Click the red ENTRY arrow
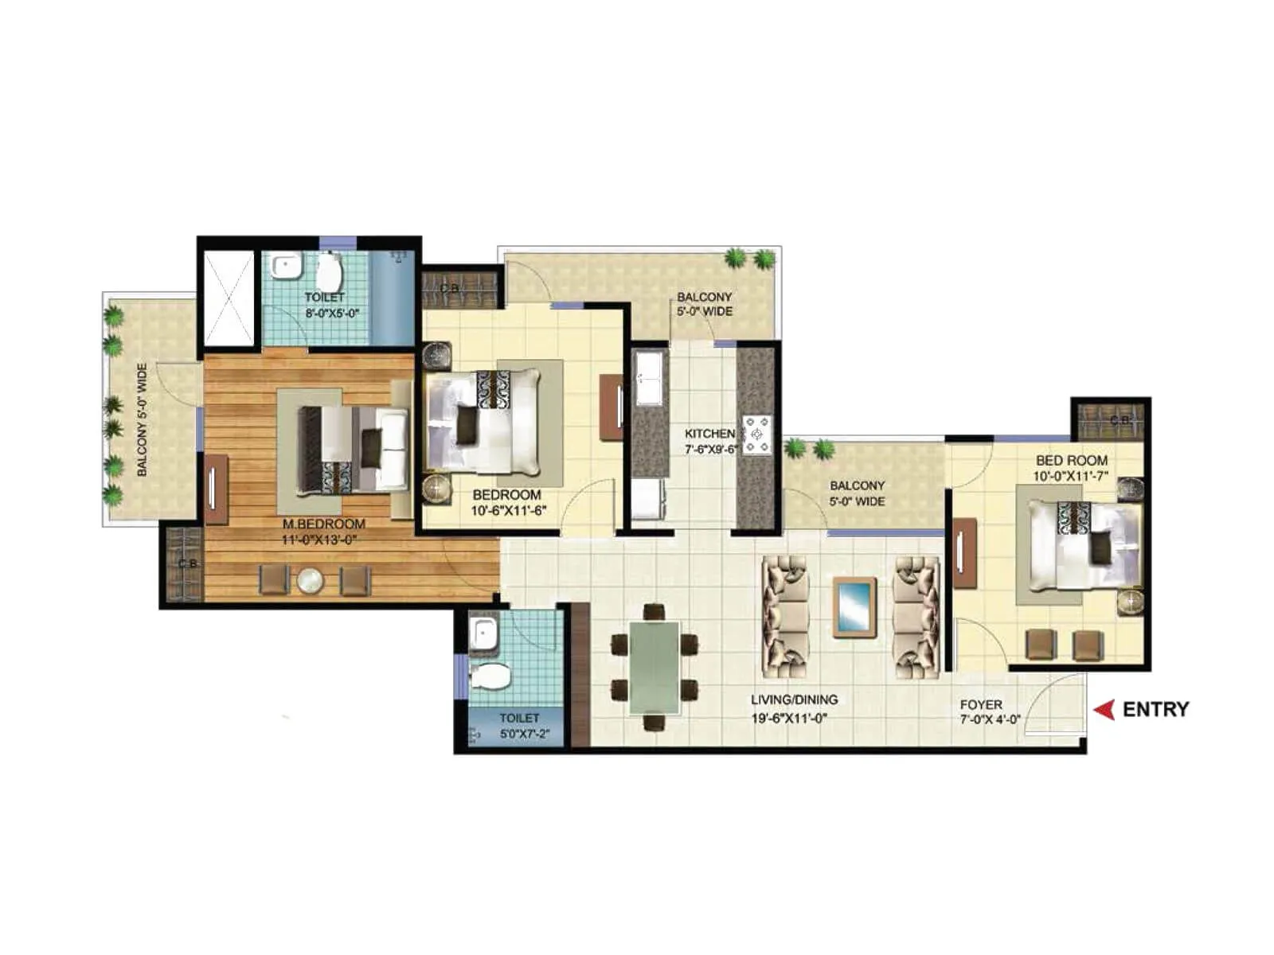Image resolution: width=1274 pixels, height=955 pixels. coord(1104,709)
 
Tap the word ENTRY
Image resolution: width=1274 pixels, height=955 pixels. coord(1155,709)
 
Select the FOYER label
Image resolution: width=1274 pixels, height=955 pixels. coord(981,704)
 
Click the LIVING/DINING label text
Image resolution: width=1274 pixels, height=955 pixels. coord(794,700)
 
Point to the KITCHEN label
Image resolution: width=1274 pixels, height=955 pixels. coord(709,434)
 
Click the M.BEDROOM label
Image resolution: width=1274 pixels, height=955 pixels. coord(324,524)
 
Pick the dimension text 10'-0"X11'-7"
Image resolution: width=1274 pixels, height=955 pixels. coord(1071,477)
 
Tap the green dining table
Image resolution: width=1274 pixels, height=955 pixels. coord(655,667)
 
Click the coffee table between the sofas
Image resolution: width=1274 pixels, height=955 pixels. coord(854,607)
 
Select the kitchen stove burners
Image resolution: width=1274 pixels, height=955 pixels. coord(757,435)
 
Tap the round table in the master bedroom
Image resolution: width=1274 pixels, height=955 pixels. coord(310,580)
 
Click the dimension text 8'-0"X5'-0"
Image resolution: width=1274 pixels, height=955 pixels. coord(332,313)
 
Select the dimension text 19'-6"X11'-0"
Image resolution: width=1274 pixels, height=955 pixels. coord(789,718)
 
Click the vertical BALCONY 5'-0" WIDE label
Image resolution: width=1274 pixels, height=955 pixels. coord(143,419)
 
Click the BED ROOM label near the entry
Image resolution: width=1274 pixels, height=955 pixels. coord(1071,460)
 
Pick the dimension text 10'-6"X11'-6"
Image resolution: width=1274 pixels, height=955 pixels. coord(508,511)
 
